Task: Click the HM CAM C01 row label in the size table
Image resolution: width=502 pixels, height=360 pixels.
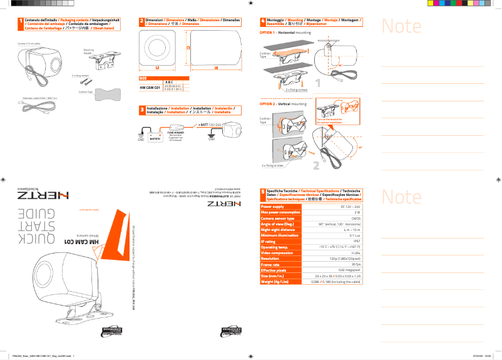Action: pos(150,87)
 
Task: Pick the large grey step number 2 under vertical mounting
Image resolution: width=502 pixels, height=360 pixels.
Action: pos(317,165)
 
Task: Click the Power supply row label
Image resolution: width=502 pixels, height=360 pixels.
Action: pos(273,206)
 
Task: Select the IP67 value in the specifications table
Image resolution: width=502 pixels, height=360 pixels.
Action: pos(356,241)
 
